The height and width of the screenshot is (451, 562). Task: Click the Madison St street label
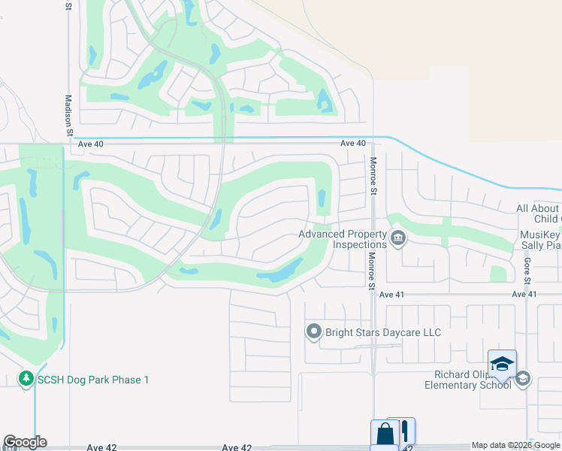click(x=68, y=114)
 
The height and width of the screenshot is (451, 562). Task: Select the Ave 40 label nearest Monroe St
click(x=352, y=143)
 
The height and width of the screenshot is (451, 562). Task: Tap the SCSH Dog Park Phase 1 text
click(x=92, y=380)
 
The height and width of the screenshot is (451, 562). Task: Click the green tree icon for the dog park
click(x=26, y=378)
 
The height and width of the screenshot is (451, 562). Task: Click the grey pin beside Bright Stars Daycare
click(x=314, y=331)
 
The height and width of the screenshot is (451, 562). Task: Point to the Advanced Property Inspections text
click(x=343, y=239)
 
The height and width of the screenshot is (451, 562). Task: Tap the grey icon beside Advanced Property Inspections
click(x=399, y=239)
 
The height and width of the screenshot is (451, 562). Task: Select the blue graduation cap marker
click(x=502, y=364)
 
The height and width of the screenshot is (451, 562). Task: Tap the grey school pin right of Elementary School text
click(x=524, y=379)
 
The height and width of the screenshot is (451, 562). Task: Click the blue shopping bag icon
click(x=385, y=434)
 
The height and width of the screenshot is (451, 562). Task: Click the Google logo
click(x=25, y=442)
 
